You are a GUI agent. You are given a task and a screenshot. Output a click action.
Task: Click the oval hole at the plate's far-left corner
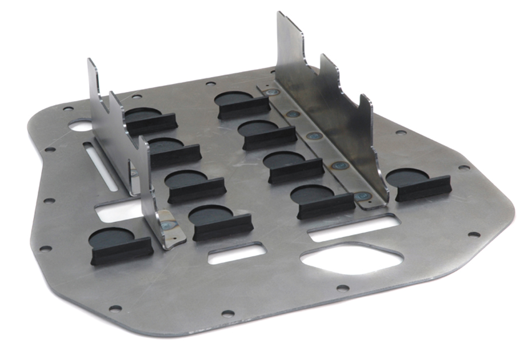tap(79, 124)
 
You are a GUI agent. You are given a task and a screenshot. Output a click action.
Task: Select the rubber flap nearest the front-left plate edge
tap(120, 246)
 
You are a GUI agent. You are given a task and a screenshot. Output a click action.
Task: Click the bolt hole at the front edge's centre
tap(228, 313)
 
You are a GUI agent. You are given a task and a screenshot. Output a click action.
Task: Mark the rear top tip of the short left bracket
tap(91, 63)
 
